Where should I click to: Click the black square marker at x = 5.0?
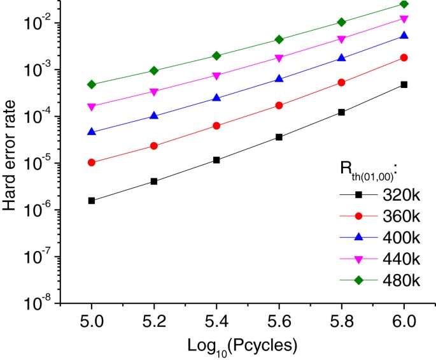click(x=92, y=201)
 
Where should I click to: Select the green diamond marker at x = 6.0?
click(x=404, y=4)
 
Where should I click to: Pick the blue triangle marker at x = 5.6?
click(x=279, y=78)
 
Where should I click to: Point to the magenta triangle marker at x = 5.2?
click(x=154, y=92)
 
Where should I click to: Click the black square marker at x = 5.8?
click(x=341, y=112)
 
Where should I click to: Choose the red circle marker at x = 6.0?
click(x=404, y=57)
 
